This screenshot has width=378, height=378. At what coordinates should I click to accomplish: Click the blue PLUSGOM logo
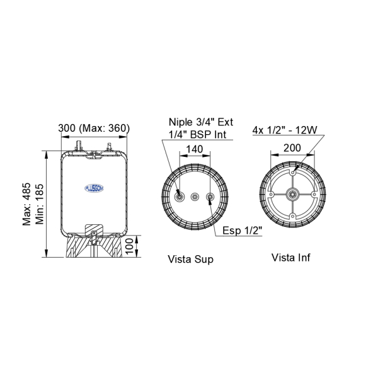coord(94,188)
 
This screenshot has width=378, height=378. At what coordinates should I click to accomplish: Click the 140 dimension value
coord(195,149)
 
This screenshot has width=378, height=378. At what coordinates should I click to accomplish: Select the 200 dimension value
coord(292,148)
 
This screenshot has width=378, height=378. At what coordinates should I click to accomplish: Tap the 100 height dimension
coord(129,246)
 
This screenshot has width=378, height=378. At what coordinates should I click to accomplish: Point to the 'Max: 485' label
coord(26,204)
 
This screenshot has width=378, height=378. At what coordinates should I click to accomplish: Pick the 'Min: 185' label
coord(40,204)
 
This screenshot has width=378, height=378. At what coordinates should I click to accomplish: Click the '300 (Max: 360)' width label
coord(94,128)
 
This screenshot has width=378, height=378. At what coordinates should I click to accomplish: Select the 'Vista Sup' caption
coord(191,260)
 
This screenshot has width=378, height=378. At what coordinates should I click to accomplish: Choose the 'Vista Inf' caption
coord(290,258)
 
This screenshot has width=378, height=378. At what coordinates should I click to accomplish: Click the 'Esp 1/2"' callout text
coord(242,231)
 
